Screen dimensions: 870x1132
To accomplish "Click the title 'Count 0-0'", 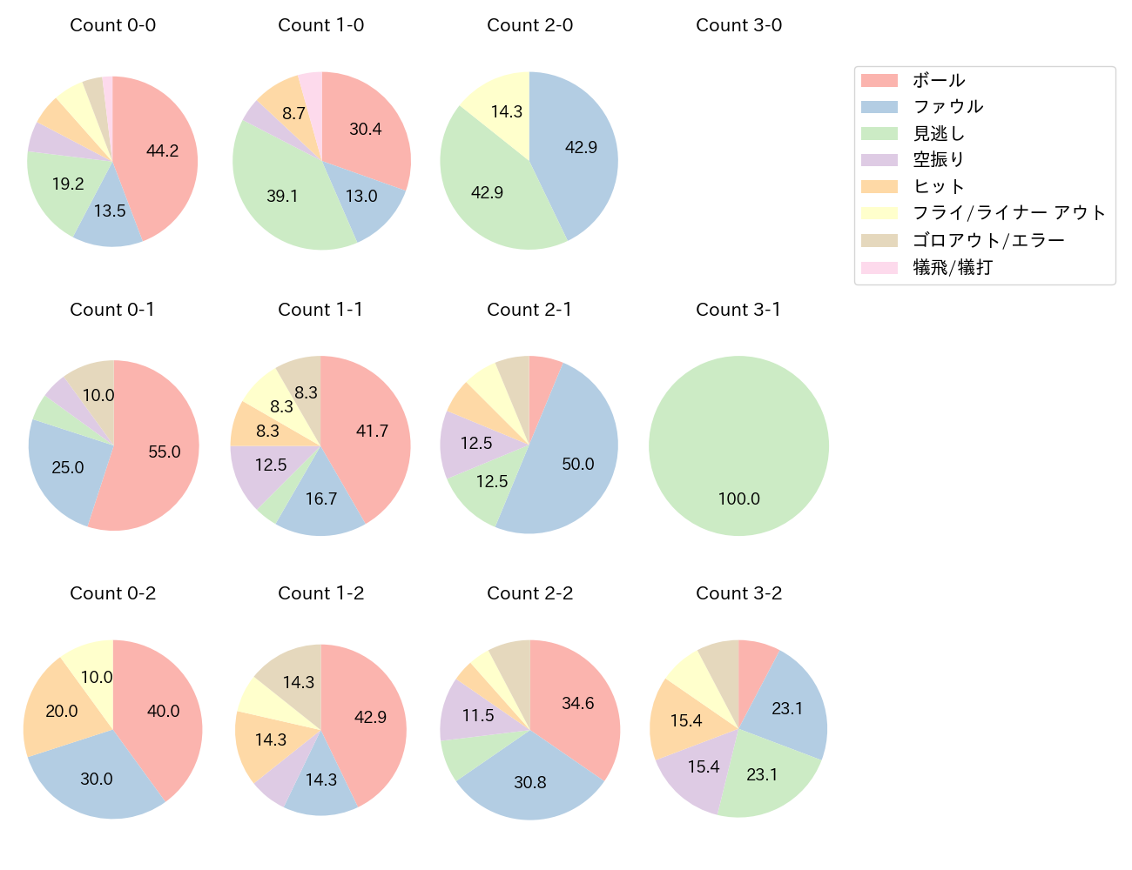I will [x=112, y=25].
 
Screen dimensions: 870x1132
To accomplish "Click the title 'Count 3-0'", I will [x=738, y=25].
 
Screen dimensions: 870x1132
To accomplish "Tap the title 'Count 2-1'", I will [x=529, y=310].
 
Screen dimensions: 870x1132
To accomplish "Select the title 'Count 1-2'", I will [x=320, y=593].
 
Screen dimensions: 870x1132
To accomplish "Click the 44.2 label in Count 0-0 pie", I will [x=162, y=151].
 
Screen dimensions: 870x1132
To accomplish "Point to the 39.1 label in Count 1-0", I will [x=282, y=196].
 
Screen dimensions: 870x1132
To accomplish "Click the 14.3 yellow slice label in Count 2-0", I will [x=506, y=111].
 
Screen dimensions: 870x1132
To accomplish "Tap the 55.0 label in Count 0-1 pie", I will [x=165, y=452].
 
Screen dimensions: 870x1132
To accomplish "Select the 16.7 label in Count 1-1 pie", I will [x=321, y=499].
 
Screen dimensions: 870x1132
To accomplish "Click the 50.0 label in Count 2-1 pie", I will [x=578, y=464].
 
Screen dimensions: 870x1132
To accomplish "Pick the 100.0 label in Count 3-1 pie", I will [x=738, y=499].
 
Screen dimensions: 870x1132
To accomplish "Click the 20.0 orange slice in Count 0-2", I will [x=62, y=711].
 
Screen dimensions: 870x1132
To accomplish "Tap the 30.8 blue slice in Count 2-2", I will [x=529, y=782].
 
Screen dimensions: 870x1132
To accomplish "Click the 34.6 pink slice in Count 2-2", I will [x=578, y=703].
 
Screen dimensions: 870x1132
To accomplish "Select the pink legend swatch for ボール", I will [x=879, y=80].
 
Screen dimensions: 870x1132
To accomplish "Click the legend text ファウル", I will [x=947, y=107].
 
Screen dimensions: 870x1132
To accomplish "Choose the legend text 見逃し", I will [x=939, y=133].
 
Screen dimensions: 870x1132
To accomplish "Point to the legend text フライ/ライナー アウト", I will [x=1008, y=213].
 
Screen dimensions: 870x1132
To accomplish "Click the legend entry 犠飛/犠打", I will [x=953, y=267].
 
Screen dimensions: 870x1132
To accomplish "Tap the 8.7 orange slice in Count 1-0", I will [x=293, y=113].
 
